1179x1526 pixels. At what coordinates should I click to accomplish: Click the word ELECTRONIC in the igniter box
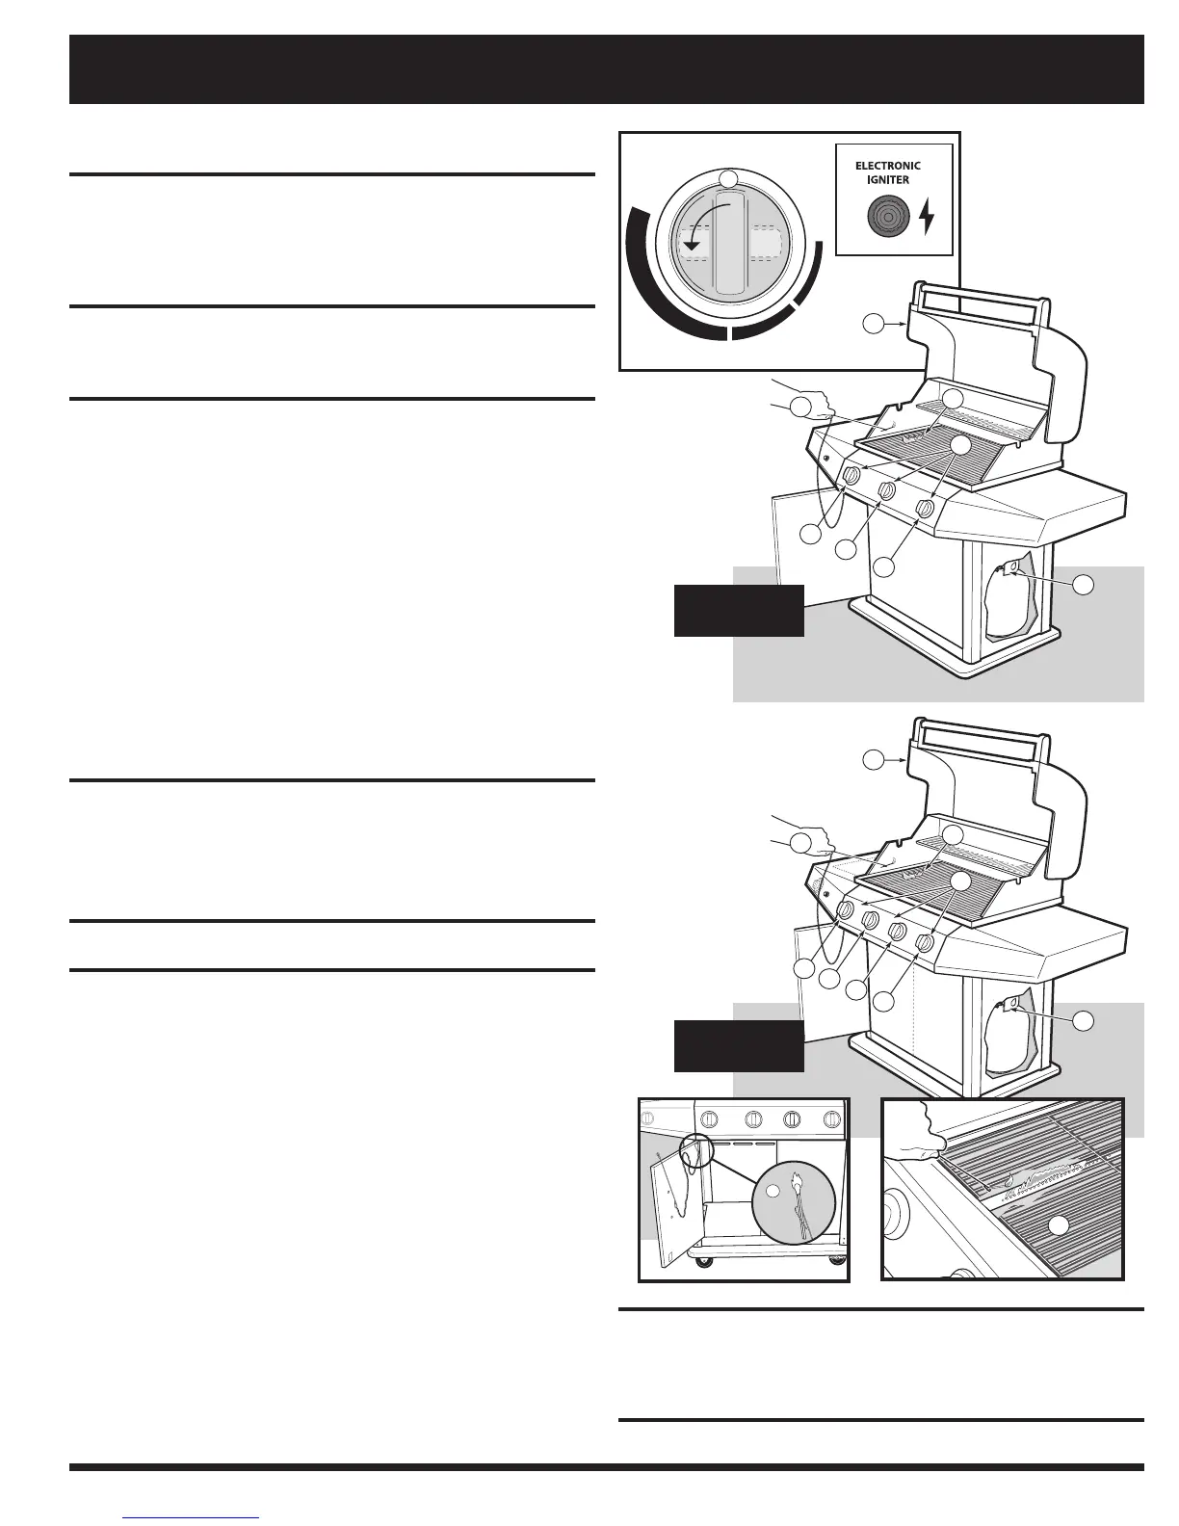tap(888, 166)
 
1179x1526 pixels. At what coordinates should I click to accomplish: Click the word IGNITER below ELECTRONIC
tap(888, 179)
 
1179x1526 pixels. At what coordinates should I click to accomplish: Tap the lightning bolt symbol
tap(927, 217)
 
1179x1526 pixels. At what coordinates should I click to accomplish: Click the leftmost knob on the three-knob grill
tap(851, 477)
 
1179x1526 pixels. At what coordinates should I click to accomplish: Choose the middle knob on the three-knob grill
tap(888, 492)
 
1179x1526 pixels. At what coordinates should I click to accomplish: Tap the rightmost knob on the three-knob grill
tap(925, 508)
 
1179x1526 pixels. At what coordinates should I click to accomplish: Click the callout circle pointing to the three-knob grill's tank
tap(1085, 584)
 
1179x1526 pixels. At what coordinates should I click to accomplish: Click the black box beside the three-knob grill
tap(739, 610)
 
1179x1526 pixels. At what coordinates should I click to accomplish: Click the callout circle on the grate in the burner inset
tap(1058, 1225)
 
